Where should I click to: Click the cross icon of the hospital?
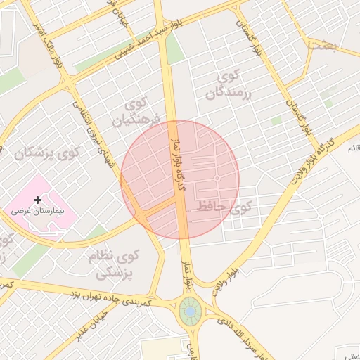(38, 200)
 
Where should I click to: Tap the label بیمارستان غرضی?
(38, 211)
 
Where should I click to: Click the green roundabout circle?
(189, 310)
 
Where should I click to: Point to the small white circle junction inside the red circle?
(217, 179)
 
